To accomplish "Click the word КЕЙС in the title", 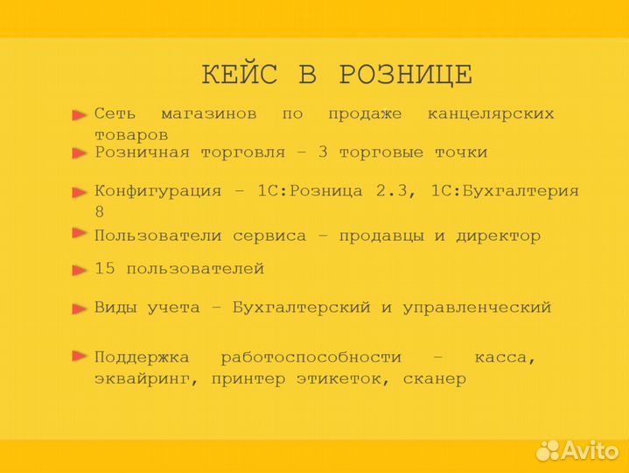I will click(239, 75).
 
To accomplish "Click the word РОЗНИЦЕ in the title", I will click(405, 75).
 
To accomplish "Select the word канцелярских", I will click(491, 114).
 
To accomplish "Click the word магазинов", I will click(209, 114).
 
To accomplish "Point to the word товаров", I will click(131, 135).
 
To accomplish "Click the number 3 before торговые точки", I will click(323, 152).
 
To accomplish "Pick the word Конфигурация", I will click(157, 191).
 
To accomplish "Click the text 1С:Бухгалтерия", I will click(505, 191).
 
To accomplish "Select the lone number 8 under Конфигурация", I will click(100, 212).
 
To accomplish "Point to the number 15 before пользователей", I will click(105, 269).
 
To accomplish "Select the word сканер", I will click(435, 379).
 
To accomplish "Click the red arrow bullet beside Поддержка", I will click(80, 356).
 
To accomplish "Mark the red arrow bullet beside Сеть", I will click(80, 114).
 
